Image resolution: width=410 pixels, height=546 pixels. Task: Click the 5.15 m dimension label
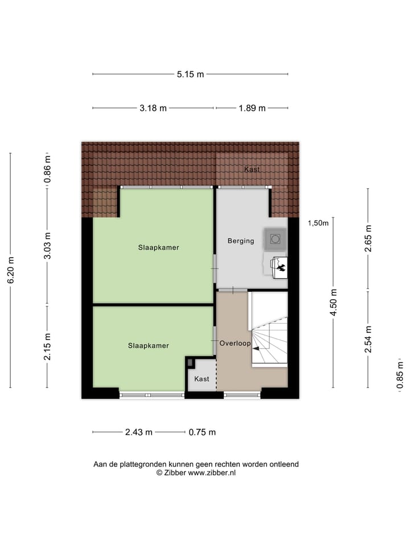click(190, 74)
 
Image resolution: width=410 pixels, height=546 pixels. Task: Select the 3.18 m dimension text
click(153, 109)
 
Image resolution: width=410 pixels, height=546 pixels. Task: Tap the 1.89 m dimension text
click(252, 109)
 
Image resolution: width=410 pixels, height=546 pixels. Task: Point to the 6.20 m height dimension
click(10, 271)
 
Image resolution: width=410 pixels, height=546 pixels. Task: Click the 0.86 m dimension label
click(48, 168)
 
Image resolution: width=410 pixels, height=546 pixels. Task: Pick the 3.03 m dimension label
click(48, 246)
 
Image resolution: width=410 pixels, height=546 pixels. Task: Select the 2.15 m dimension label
click(48, 346)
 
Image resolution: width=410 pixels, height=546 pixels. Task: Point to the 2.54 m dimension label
click(368, 339)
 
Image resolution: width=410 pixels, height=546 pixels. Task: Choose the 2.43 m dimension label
click(138, 432)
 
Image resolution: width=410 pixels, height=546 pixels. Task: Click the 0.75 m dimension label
click(202, 432)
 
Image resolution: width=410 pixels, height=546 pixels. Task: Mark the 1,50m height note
click(318, 223)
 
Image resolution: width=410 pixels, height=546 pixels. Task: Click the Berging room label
click(240, 241)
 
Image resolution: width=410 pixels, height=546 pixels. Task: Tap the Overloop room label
click(235, 344)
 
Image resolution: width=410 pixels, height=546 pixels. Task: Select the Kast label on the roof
click(252, 169)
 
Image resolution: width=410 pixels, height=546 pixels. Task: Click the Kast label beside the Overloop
click(202, 379)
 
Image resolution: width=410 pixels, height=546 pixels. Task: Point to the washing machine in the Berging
click(275, 239)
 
